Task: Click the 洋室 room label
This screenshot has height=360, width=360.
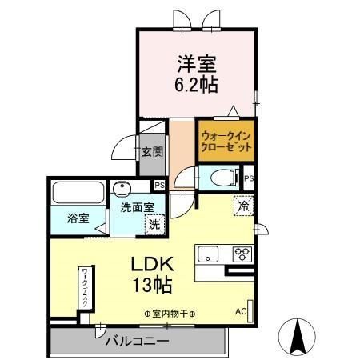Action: click(197, 62)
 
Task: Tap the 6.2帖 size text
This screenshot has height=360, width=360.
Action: click(198, 82)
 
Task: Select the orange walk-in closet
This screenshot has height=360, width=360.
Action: click(226, 142)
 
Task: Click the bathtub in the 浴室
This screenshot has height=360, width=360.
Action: click(78, 193)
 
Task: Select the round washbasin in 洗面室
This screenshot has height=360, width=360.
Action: click(122, 190)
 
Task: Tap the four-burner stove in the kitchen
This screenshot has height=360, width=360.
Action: click(242, 254)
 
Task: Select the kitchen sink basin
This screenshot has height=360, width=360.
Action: click(209, 255)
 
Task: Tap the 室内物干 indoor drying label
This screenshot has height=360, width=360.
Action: click(170, 313)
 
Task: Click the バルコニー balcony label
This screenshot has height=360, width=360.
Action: click(137, 342)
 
